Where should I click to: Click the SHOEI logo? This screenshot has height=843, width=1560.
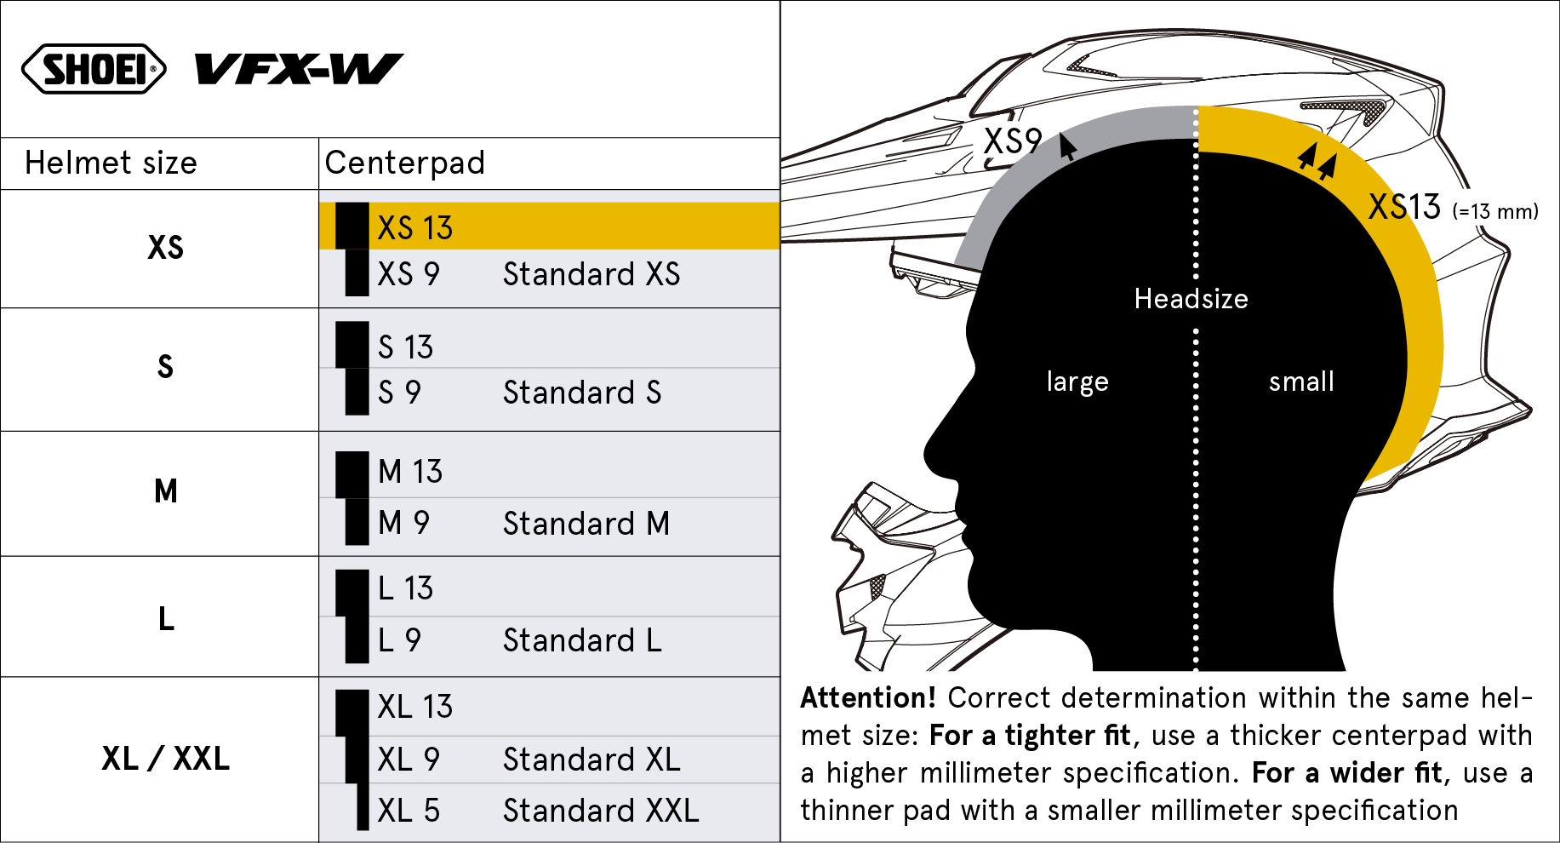(x=94, y=69)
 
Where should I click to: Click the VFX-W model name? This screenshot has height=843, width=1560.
(x=299, y=70)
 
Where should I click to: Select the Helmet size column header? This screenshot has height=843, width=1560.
(x=111, y=163)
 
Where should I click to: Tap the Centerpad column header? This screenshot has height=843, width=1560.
(x=405, y=163)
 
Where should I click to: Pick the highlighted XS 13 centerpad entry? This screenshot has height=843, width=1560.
(x=414, y=228)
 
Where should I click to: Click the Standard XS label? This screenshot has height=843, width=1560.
(x=591, y=274)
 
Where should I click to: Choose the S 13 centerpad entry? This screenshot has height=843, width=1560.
(x=405, y=347)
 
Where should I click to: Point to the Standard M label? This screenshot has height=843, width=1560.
(x=586, y=524)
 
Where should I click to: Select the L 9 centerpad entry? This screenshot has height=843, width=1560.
(x=399, y=640)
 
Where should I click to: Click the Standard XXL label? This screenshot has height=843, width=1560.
(x=601, y=811)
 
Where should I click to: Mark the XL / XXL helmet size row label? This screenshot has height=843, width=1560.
(x=165, y=758)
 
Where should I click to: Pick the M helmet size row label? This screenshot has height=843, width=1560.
(x=166, y=490)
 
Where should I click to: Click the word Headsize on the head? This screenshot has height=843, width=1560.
(x=1191, y=299)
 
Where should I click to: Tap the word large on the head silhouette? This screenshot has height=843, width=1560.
(x=1077, y=382)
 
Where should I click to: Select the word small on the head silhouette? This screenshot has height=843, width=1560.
(x=1301, y=381)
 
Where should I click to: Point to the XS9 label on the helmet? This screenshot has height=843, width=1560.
(x=1013, y=140)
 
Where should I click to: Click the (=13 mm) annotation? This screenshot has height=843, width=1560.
(x=1495, y=211)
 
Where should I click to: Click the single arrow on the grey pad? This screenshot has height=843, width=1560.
(x=1067, y=146)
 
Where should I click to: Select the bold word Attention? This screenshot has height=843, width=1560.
(x=868, y=697)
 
